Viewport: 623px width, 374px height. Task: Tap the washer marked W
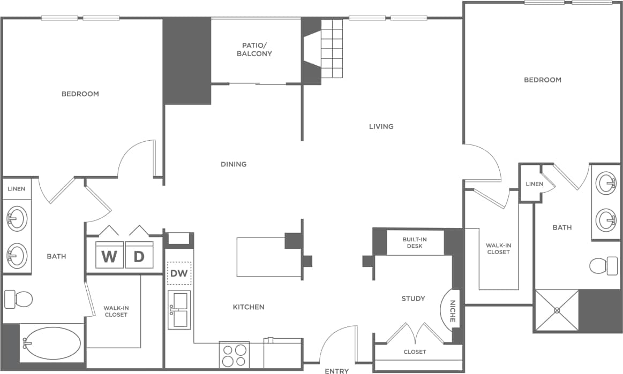tap(109, 256)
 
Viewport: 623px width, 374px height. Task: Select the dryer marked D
tap(139, 256)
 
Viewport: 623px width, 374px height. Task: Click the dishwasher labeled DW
tap(179, 274)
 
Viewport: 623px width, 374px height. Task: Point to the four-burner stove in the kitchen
tap(234, 355)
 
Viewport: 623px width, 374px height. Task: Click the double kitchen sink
tap(179, 310)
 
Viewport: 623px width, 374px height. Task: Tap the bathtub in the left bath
tap(51, 344)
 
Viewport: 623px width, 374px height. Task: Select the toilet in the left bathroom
tap(18, 299)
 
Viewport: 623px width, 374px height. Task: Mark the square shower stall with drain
tap(557, 310)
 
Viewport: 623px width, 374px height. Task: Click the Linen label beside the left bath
tap(16, 189)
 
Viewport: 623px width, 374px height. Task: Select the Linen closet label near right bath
tap(534, 184)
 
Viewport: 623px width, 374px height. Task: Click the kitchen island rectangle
tap(268, 257)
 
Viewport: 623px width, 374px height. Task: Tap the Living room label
tap(381, 127)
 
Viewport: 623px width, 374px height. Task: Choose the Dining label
tap(234, 164)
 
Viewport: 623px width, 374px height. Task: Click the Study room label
tap(413, 299)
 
